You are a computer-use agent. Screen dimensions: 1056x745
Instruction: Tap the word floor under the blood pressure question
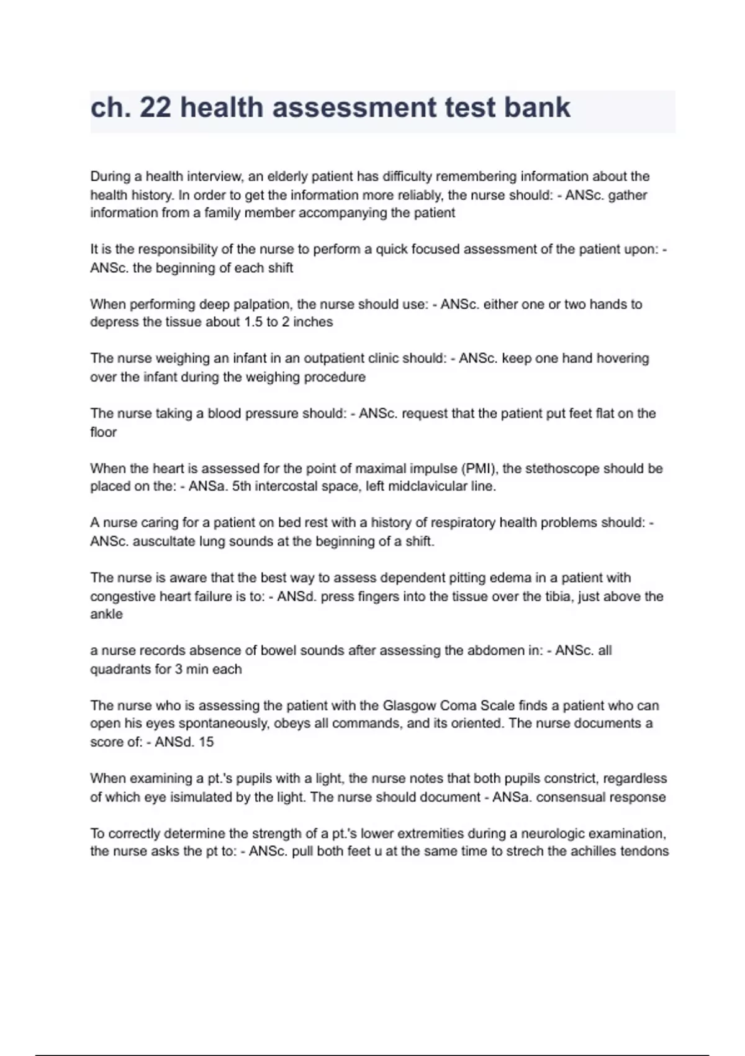(103, 432)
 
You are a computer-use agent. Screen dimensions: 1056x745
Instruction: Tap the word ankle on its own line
(106, 614)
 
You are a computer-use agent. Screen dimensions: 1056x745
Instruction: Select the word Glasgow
(409, 706)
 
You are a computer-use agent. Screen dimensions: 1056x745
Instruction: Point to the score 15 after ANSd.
(206, 742)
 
